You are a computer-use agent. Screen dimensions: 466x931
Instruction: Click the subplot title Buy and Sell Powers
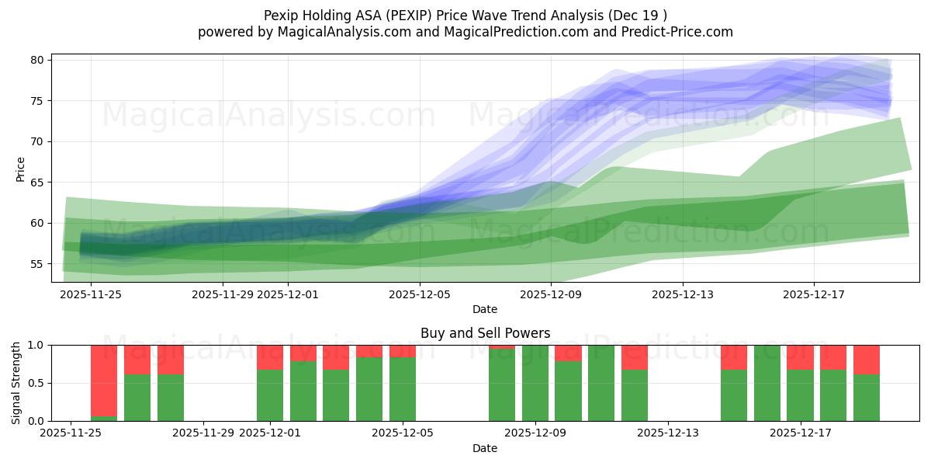485,333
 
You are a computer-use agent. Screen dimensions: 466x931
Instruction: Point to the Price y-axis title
20,169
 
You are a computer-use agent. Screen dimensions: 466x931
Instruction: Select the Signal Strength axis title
16,383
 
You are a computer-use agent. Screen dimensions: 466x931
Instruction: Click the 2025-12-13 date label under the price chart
682,294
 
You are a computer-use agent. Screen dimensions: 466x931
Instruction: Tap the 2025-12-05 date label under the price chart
419,294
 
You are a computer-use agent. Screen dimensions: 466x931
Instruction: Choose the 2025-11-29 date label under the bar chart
203,433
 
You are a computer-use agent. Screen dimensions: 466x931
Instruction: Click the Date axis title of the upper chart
485,309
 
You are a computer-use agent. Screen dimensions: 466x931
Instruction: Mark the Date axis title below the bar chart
485,448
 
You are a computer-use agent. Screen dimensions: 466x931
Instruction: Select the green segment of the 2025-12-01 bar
270,395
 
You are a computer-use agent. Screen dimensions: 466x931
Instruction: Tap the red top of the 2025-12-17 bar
800,357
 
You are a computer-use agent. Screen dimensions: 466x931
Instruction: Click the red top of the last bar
867,360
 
